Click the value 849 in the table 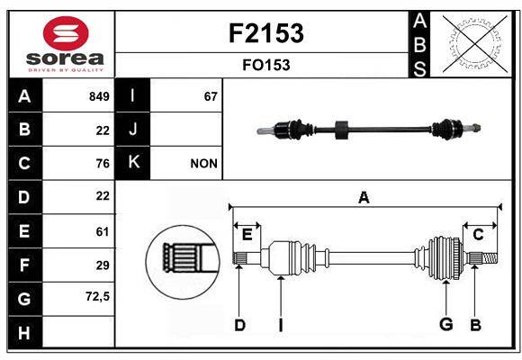(x=99, y=96)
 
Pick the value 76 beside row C (x=102, y=164)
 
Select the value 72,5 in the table (x=97, y=296)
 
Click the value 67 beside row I (x=211, y=96)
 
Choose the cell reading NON (x=204, y=164)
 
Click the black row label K (x=133, y=163)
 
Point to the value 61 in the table (x=102, y=231)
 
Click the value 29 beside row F (x=102, y=265)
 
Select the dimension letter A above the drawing (x=364, y=198)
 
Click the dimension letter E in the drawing (x=247, y=235)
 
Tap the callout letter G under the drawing (x=445, y=324)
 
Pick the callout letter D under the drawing (x=239, y=325)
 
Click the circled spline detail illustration (x=183, y=259)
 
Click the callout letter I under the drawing (x=280, y=325)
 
